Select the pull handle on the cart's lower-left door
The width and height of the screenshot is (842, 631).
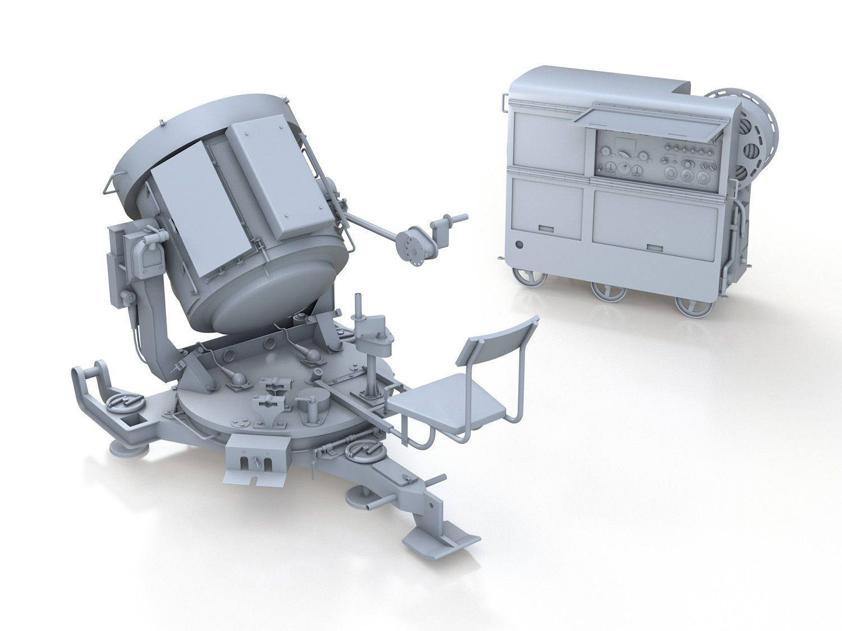(547, 229)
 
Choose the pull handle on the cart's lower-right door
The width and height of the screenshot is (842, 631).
(655, 247)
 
